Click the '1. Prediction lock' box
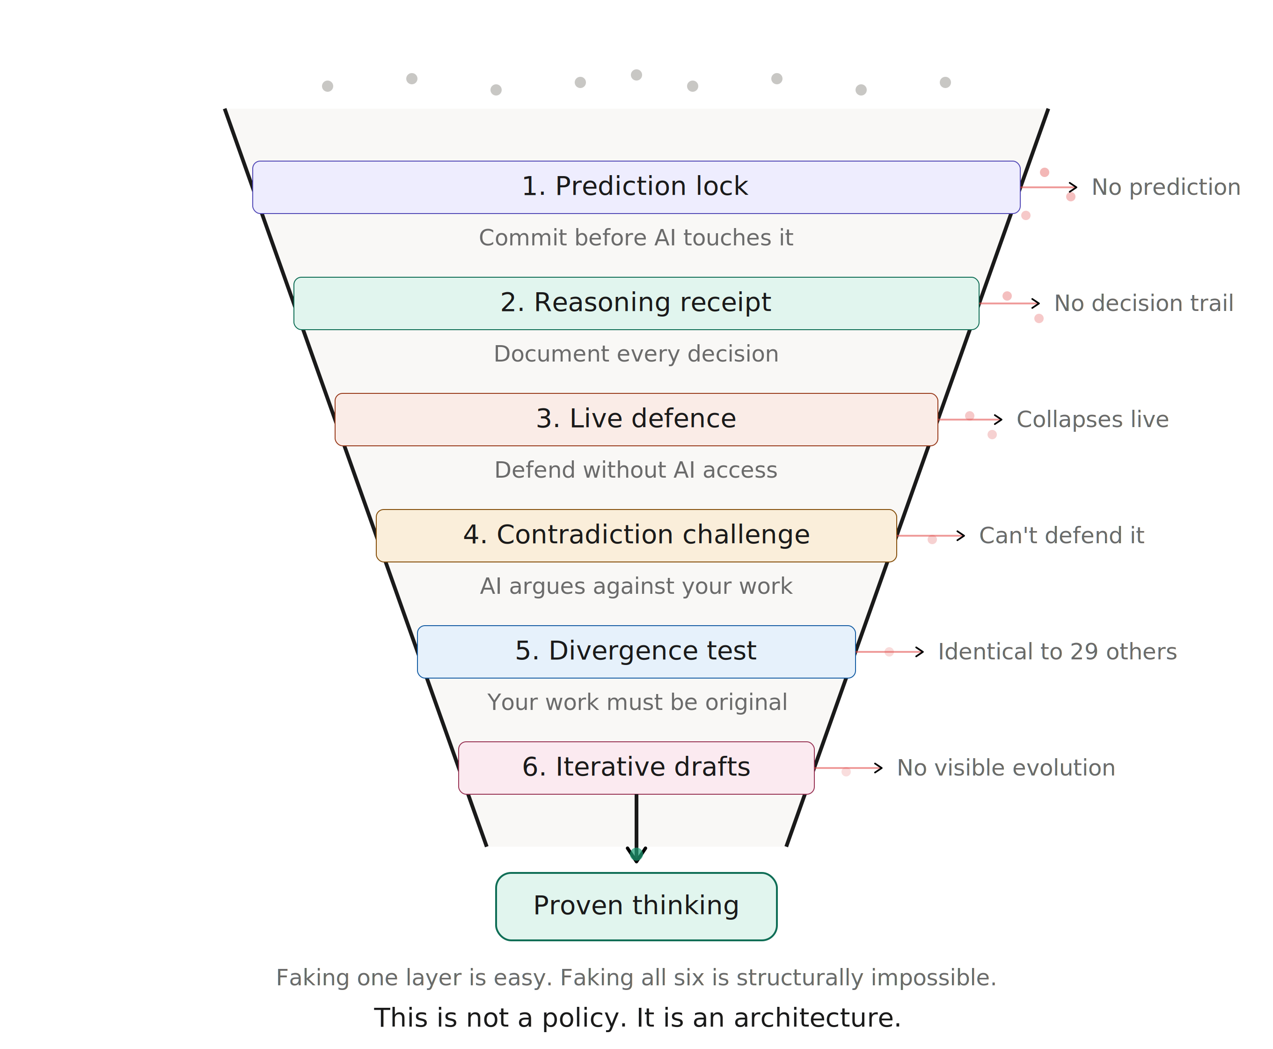coord(636,187)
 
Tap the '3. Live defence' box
coord(636,419)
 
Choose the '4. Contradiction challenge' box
coord(636,535)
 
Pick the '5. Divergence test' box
coord(636,651)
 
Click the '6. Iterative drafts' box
coord(636,768)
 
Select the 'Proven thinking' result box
coord(636,906)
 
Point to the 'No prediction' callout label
coord(1165,187)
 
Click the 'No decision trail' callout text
coord(1143,303)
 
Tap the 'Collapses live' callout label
coord(1092,419)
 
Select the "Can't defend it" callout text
coord(1061,535)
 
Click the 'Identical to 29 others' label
coord(1057,651)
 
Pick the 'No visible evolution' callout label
coord(1005,768)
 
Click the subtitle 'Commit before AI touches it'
coord(636,237)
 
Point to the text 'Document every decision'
coord(636,354)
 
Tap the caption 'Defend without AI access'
coord(636,470)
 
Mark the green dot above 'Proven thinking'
coord(636,854)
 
